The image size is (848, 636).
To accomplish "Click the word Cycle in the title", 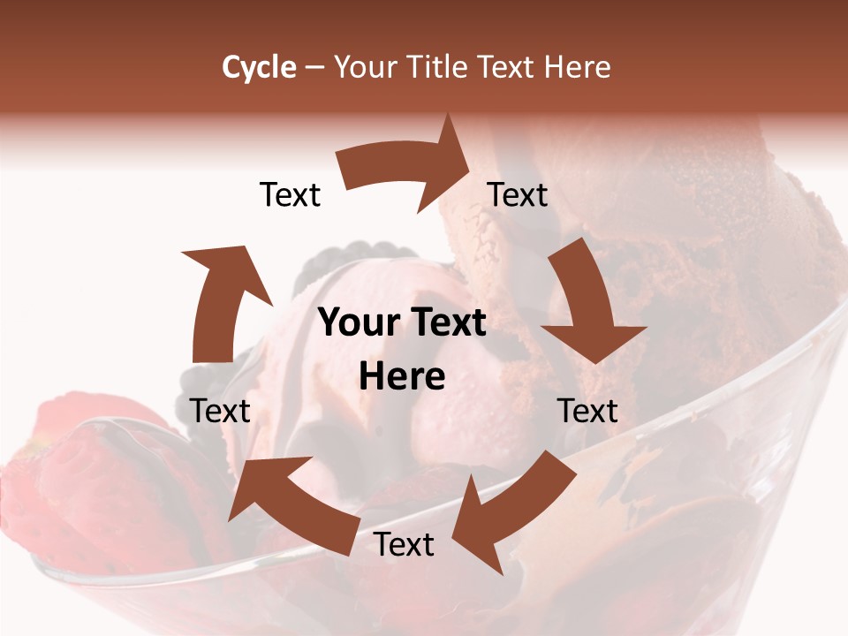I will click(259, 67).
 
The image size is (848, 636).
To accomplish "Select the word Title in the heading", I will click(436, 67).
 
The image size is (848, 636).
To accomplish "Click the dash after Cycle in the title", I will click(314, 67).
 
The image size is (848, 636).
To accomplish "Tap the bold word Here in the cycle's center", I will click(402, 377).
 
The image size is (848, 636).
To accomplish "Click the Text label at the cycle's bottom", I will click(404, 545).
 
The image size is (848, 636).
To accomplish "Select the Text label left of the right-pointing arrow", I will click(290, 194).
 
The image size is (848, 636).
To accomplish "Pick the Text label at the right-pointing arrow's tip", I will click(518, 194).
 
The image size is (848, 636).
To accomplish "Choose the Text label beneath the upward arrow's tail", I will click(220, 411).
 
